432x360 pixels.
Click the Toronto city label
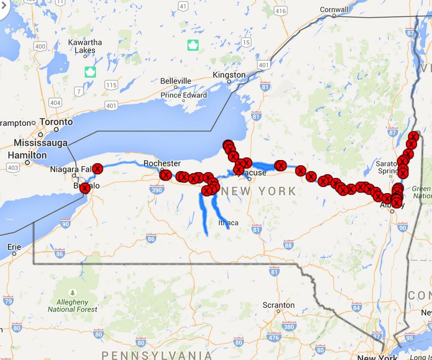[x=56, y=122]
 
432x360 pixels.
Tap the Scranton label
[x=278, y=305]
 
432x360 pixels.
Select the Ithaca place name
[x=228, y=223]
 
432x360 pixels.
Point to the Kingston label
[x=229, y=75]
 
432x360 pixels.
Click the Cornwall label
[x=334, y=9]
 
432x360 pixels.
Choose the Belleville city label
[x=176, y=81]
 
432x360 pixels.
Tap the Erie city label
[x=14, y=247]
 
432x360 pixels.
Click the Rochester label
[x=162, y=163]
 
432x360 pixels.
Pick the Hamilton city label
[x=27, y=155]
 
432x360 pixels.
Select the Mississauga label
[x=41, y=143]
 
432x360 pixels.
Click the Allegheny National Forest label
[x=72, y=305]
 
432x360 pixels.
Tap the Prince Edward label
[x=184, y=95]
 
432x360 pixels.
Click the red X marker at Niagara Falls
[x=97, y=168]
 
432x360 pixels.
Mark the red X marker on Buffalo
[x=84, y=188]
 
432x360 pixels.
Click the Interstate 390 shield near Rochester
[x=156, y=190]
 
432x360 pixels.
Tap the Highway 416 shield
[x=280, y=11]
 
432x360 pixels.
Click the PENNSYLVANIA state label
[x=157, y=354]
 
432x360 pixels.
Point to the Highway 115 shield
[x=111, y=84]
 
